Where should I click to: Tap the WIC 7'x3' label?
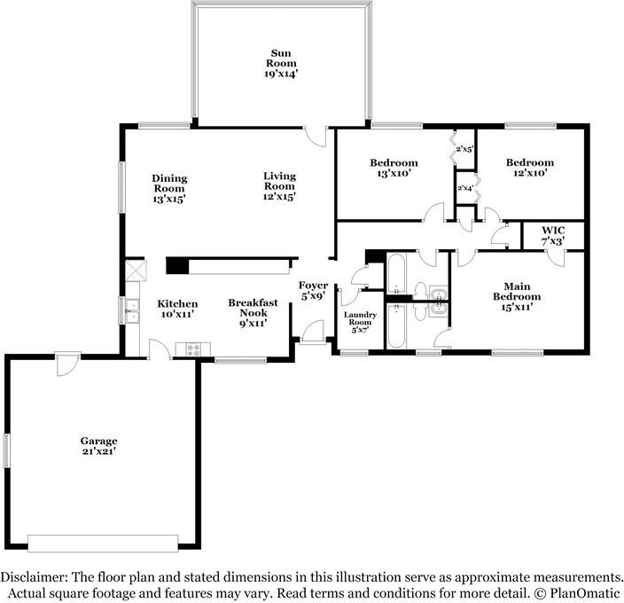(552, 235)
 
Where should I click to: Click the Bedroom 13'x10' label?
(394, 168)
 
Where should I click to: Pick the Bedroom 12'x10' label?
(530, 168)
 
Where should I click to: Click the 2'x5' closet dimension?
(464, 150)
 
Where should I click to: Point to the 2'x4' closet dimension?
(464, 188)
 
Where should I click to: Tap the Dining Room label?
(169, 188)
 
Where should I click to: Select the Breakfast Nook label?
(253, 313)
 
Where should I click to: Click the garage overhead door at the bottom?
(104, 542)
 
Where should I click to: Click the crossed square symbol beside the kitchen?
(135, 270)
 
